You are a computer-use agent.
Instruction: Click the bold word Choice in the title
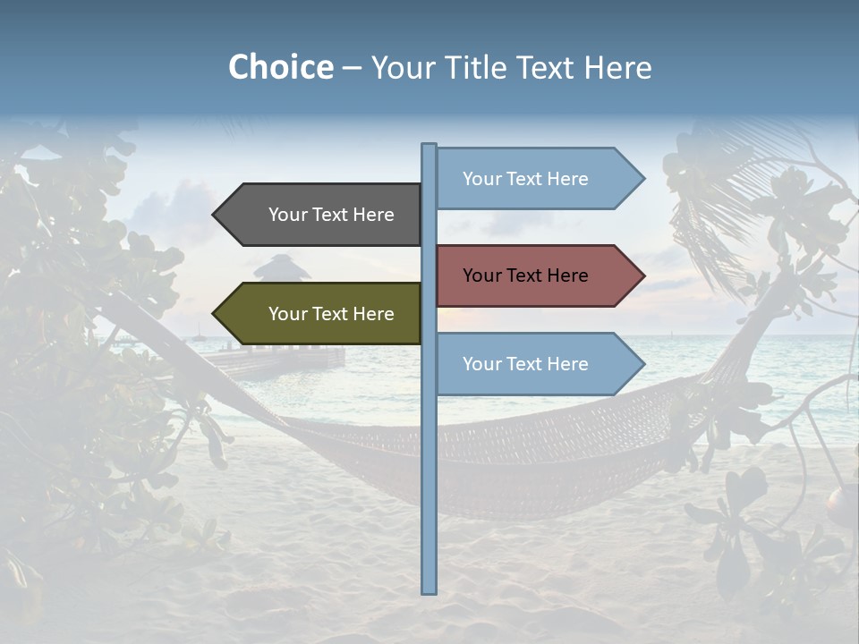point(280,67)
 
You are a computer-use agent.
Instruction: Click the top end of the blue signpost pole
point(429,146)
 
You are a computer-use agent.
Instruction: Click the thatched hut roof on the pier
point(281,267)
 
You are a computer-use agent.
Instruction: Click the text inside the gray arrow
point(331,215)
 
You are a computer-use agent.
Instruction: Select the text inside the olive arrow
point(331,314)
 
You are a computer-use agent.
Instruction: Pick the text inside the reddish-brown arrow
point(525,275)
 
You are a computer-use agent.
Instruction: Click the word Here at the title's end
point(618,67)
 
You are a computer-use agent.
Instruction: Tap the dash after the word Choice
point(352,68)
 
